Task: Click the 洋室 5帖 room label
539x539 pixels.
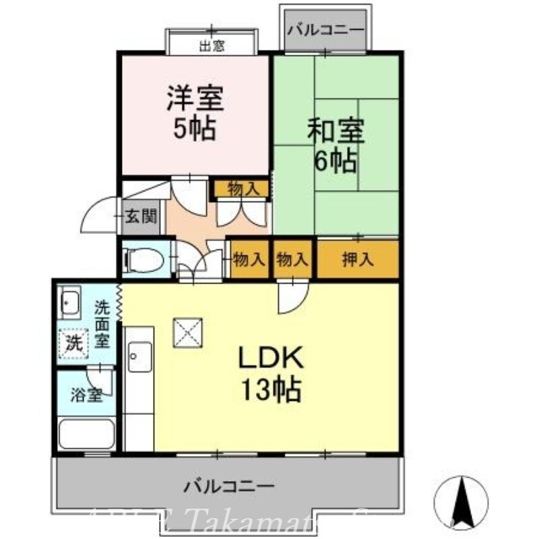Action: point(195,114)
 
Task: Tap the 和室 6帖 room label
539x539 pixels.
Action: point(335,145)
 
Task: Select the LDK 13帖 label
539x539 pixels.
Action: point(269,373)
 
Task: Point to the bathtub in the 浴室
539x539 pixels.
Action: point(86,433)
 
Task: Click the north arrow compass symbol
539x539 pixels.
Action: point(462,502)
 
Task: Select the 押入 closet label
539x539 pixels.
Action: point(357,259)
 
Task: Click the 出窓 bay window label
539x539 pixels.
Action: point(212,46)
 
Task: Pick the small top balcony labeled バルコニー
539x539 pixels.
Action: point(325,30)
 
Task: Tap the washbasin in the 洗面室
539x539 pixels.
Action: point(69,303)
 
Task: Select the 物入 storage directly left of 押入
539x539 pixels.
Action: point(292,259)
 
